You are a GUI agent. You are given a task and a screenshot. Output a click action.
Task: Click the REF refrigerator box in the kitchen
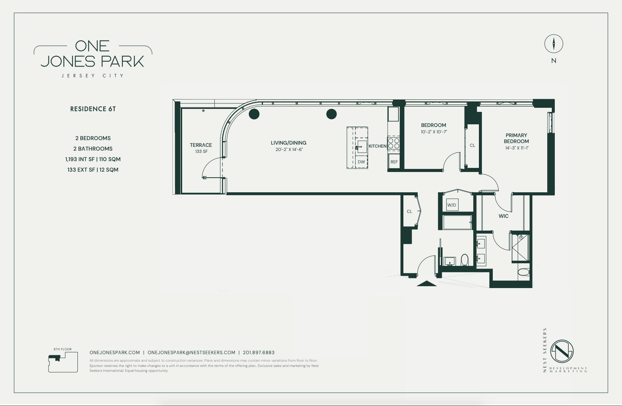click(x=394, y=161)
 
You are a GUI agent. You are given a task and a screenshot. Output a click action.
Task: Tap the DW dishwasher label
click(x=361, y=162)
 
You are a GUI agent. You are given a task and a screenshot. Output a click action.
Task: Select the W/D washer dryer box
click(x=452, y=205)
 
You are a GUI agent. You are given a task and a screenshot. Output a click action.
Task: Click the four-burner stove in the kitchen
click(x=394, y=143)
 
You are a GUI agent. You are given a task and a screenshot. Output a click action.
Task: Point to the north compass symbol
click(x=554, y=44)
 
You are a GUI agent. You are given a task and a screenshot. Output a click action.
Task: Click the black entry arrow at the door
click(x=427, y=284)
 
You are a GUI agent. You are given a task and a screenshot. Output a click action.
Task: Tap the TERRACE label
click(x=201, y=145)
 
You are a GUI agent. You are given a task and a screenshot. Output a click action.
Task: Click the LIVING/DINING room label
click(x=288, y=143)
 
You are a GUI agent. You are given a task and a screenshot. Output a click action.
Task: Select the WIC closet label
click(x=503, y=216)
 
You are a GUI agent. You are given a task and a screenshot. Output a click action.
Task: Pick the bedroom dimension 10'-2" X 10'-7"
click(x=434, y=132)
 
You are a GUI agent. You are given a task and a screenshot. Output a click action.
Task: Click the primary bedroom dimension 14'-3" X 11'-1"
click(x=517, y=148)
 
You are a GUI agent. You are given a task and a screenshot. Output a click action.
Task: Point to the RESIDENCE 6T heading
click(x=93, y=109)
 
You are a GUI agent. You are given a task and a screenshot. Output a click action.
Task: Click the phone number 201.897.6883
click(x=259, y=352)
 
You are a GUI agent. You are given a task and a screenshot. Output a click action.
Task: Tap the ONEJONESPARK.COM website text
click(x=115, y=352)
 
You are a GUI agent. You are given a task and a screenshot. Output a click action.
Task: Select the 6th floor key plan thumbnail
click(x=63, y=362)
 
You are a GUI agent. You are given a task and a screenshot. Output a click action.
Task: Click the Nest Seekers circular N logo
click(x=562, y=351)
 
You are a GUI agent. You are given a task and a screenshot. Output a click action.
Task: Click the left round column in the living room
click(x=254, y=114)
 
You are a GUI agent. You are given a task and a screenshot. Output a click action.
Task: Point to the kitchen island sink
click(x=362, y=146)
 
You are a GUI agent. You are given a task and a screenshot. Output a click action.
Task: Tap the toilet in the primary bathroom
click(x=524, y=272)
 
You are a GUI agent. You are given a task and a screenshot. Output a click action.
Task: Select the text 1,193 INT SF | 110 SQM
click(x=93, y=159)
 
